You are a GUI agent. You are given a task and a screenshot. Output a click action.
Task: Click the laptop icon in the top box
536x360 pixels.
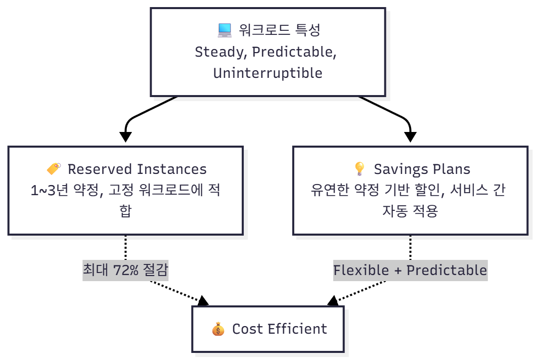225,31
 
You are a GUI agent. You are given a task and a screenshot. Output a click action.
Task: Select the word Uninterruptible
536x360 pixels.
267,73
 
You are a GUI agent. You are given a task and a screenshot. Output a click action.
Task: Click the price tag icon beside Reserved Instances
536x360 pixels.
54,169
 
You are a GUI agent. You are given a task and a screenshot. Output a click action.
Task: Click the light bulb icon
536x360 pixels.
360,169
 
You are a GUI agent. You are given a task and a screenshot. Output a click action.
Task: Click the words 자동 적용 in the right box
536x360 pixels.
410,211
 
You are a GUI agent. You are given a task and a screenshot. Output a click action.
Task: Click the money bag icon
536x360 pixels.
218,329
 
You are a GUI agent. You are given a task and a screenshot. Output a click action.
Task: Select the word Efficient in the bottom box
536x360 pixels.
297,329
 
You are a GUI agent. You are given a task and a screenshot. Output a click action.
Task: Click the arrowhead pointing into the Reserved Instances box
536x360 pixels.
125,137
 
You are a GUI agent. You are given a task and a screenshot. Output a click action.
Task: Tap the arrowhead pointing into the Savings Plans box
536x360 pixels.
411,137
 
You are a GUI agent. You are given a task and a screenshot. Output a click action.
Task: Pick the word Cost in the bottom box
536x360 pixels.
247,329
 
